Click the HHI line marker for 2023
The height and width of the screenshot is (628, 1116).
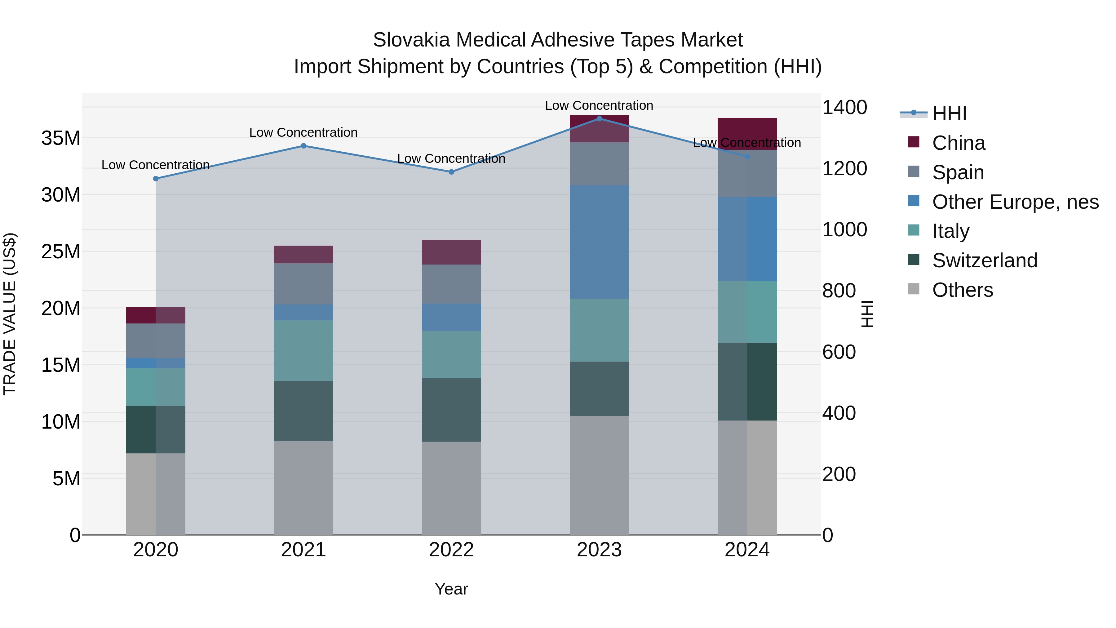click(x=599, y=118)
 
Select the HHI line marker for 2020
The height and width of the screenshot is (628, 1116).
click(x=156, y=179)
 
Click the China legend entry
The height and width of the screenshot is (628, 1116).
click(x=958, y=143)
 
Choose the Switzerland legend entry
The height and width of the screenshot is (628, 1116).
click(x=984, y=261)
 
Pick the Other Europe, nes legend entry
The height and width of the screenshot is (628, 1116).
click(x=1015, y=202)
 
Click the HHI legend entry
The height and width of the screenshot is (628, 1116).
click(x=949, y=114)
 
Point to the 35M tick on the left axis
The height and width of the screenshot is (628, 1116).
click(x=61, y=138)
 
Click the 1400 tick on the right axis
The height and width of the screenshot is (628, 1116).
click(x=844, y=108)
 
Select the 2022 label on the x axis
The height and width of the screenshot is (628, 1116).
click(x=451, y=550)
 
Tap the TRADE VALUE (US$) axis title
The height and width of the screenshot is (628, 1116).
click(x=10, y=314)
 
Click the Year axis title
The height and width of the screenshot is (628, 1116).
click(x=451, y=589)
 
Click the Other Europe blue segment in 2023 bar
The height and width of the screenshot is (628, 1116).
click(x=599, y=242)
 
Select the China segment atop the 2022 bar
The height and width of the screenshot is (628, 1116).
click(x=451, y=252)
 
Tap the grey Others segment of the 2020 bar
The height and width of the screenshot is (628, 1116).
click(x=156, y=494)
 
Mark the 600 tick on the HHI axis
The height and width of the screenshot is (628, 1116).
click(x=839, y=352)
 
